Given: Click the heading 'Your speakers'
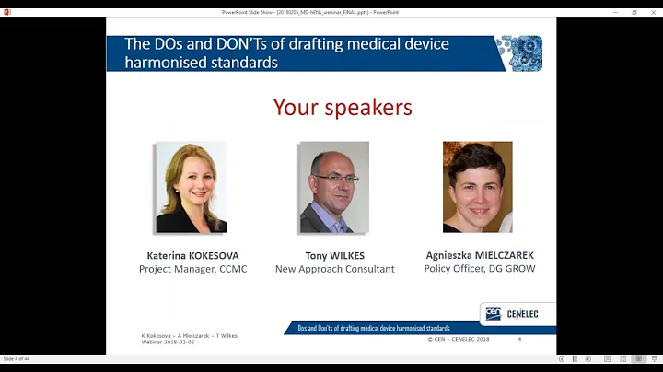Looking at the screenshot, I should [343, 108].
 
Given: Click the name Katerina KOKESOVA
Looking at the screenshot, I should [192, 255].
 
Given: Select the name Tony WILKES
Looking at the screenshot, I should [334, 255].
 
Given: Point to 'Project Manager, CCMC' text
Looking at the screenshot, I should [192, 269].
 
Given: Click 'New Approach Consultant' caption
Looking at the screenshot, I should [334, 269].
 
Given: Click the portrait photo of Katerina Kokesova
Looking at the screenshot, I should [192, 187].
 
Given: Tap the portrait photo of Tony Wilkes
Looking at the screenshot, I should [333, 187].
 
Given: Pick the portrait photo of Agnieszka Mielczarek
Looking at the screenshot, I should [477, 187].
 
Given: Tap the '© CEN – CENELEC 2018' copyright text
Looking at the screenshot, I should [458, 339].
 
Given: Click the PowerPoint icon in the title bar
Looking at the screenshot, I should [7, 12].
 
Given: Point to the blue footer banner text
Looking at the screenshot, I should [373, 328].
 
